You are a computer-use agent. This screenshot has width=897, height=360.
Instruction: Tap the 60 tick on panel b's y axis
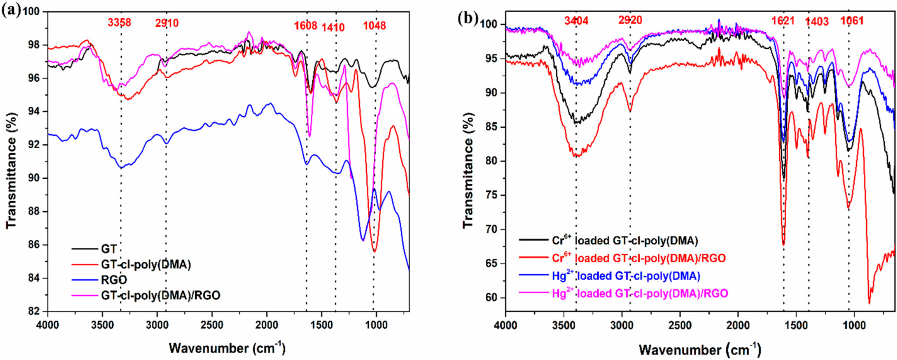pos(490,298)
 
